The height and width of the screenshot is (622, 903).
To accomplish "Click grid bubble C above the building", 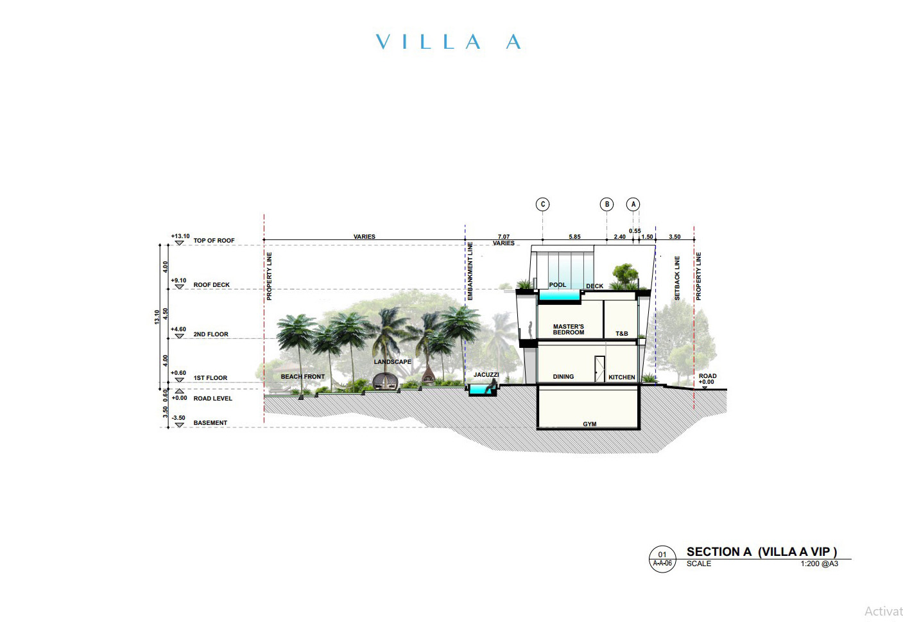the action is coord(542,204).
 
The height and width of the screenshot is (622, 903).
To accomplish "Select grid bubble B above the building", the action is coord(606,204).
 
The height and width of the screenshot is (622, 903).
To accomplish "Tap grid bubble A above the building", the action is coord(633,204).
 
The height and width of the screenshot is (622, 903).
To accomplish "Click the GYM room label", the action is coord(589,424).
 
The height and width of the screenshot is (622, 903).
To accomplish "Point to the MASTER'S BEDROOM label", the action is coord(569,329).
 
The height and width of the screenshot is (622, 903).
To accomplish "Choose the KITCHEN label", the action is coord(622,377).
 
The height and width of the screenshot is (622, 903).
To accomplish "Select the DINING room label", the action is coord(563,377).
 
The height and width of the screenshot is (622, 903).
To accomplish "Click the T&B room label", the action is coord(622,334).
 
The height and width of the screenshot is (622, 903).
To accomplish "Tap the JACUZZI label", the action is coord(486,375).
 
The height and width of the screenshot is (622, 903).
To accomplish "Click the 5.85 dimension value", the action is coord(574,237).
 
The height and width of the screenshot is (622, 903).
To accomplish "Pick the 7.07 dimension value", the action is coord(504,237).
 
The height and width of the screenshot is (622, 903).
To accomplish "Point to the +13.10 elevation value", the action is coord(180,236).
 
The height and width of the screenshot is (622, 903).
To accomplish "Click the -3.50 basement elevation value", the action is coord(178,418).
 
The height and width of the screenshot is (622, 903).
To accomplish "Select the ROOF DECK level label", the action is coord(211,285).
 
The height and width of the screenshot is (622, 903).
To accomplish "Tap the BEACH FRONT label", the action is coord(303,377).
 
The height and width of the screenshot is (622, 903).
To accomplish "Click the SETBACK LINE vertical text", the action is coord(677,278).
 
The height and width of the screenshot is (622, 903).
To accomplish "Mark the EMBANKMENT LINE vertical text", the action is coord(470,271).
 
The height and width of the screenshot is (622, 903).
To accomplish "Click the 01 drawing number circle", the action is coord(662,558).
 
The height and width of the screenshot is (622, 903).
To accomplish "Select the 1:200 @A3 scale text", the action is coord(819,564).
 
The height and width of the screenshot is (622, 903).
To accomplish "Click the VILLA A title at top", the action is coord(448,42).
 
